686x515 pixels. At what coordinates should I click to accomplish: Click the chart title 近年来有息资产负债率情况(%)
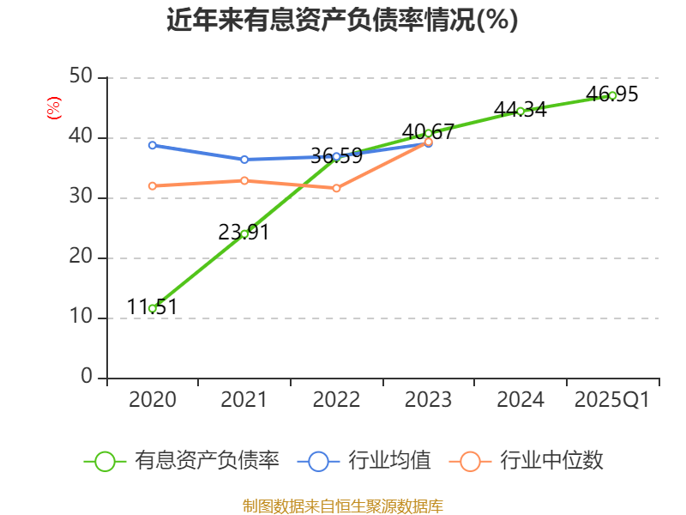tap(342, 20)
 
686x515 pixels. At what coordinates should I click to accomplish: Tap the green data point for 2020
tap(153, 308)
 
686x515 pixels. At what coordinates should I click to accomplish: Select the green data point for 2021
tap(244, 233)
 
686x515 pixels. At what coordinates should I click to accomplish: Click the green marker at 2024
tap(521, 111)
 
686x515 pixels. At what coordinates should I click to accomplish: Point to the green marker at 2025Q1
tap(612, 95)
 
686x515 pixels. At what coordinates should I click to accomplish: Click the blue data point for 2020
tap(153, 145)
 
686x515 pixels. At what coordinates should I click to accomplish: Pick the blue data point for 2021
tap(244, 160)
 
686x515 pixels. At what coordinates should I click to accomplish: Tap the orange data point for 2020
tap(153, 185)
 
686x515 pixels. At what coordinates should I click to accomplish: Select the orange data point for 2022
tap(336, 188)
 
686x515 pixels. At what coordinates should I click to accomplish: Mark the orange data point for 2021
tap(244, 180)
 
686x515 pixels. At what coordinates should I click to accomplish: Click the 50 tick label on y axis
tap(82, 77)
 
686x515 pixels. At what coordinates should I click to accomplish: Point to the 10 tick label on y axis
tap(82, 318)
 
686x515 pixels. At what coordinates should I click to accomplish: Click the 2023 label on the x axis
tap(428, 400)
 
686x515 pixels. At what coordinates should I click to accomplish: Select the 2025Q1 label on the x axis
tap(612, 400)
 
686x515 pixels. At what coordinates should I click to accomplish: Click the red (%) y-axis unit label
tap(54, 108)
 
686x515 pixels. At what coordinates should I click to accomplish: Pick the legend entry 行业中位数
tap(527, 461)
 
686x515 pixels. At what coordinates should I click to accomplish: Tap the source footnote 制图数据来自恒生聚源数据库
tap(342, 506)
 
